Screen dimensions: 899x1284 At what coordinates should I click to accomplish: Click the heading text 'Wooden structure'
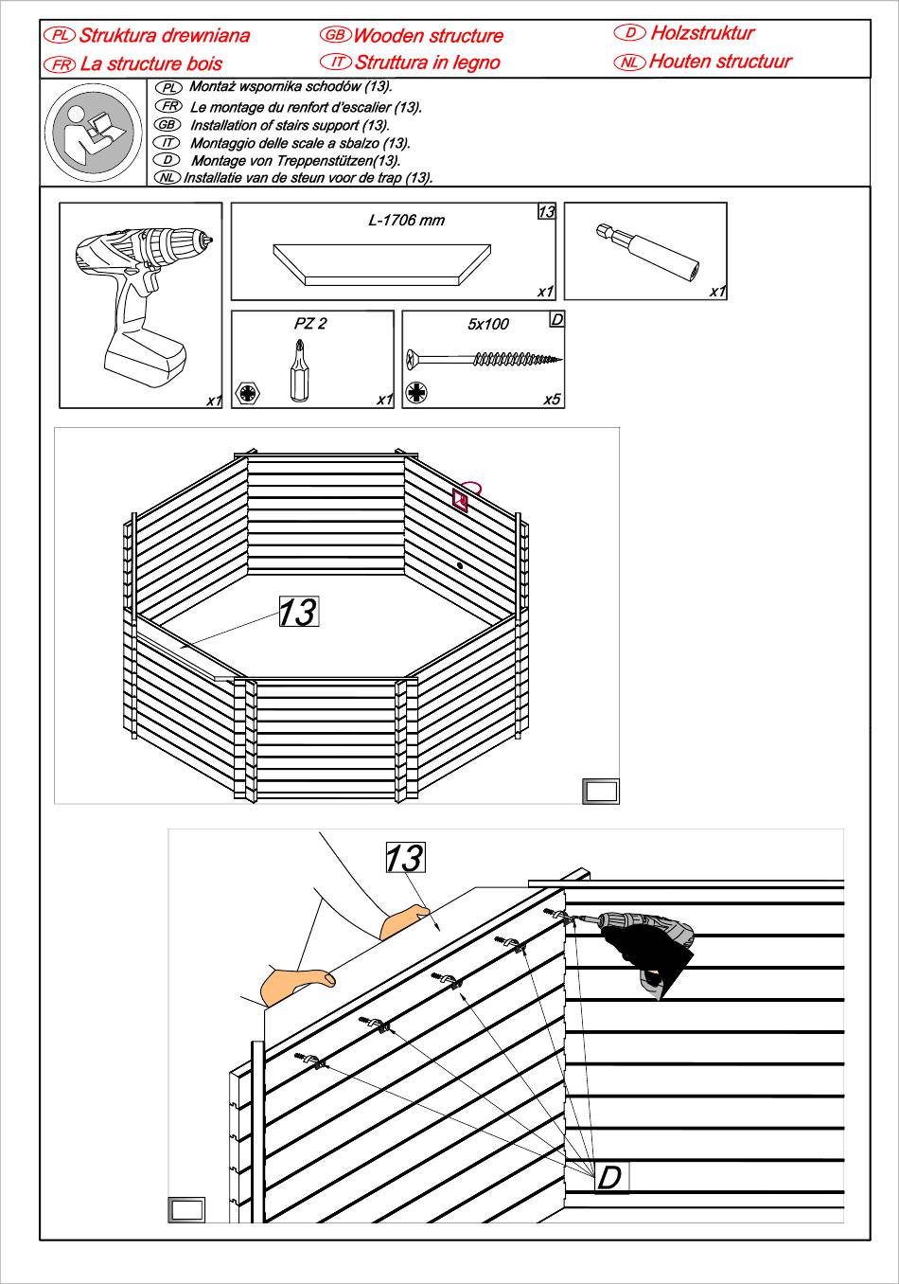[x=428, y=36]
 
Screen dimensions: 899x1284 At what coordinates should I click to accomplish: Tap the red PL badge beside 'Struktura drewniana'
[x=60, y=35]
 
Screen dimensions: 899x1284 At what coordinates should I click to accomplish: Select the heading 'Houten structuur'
[x=720, y=61]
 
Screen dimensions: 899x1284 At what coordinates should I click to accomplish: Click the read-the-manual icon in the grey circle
[x=94, y=133]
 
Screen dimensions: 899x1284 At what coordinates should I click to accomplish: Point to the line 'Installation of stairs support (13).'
[x=290, y=125]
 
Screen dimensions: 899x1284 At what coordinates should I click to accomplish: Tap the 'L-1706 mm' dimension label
[x=406, y=220]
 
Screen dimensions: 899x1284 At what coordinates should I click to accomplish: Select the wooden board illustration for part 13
[x=382, y=264]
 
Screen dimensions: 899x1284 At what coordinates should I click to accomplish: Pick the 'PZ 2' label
[x=310, y=323]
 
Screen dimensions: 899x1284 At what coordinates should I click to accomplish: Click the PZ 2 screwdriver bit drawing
[x=299, y=370]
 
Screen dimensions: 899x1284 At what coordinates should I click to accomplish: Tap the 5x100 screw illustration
[x=485, y=359]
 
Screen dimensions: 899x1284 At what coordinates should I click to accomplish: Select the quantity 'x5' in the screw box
[x=552, y=399]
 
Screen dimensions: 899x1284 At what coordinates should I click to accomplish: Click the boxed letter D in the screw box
[x=556, y=319]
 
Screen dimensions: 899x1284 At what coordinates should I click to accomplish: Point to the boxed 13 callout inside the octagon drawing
[x=298, y=611]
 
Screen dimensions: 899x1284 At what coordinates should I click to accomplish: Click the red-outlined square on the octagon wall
[x=460, y=500]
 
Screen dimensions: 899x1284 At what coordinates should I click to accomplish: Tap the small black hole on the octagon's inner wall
[x=460, y=565]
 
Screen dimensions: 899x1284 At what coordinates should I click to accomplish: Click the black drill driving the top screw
[x=646, y=946]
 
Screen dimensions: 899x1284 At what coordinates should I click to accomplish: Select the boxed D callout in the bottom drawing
[x=610, y=1177]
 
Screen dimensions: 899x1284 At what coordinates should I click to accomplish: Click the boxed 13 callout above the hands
[x=406, y=857]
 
